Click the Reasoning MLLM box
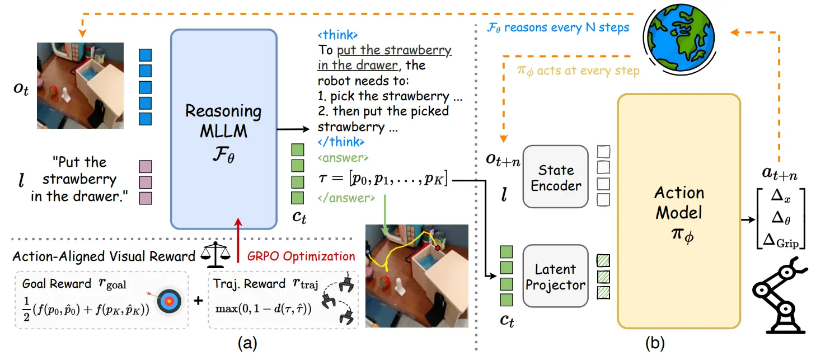point(224,129)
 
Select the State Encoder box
point(556,177)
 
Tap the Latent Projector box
point(556,276)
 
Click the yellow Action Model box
point(679,211)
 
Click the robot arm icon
point(780,295)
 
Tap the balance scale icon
point(215,255)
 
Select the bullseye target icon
point(169,301)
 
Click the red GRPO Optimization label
point(301,256)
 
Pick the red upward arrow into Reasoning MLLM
point(238,240)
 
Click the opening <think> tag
point(337,35)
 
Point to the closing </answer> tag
point(346,198)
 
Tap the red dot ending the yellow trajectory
point(438,248)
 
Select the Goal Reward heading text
point(57,283)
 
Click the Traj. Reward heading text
point(249,283)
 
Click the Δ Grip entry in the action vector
point(781,241)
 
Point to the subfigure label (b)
point(655,343)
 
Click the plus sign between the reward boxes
point(198,301)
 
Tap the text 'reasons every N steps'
point(566,27)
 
